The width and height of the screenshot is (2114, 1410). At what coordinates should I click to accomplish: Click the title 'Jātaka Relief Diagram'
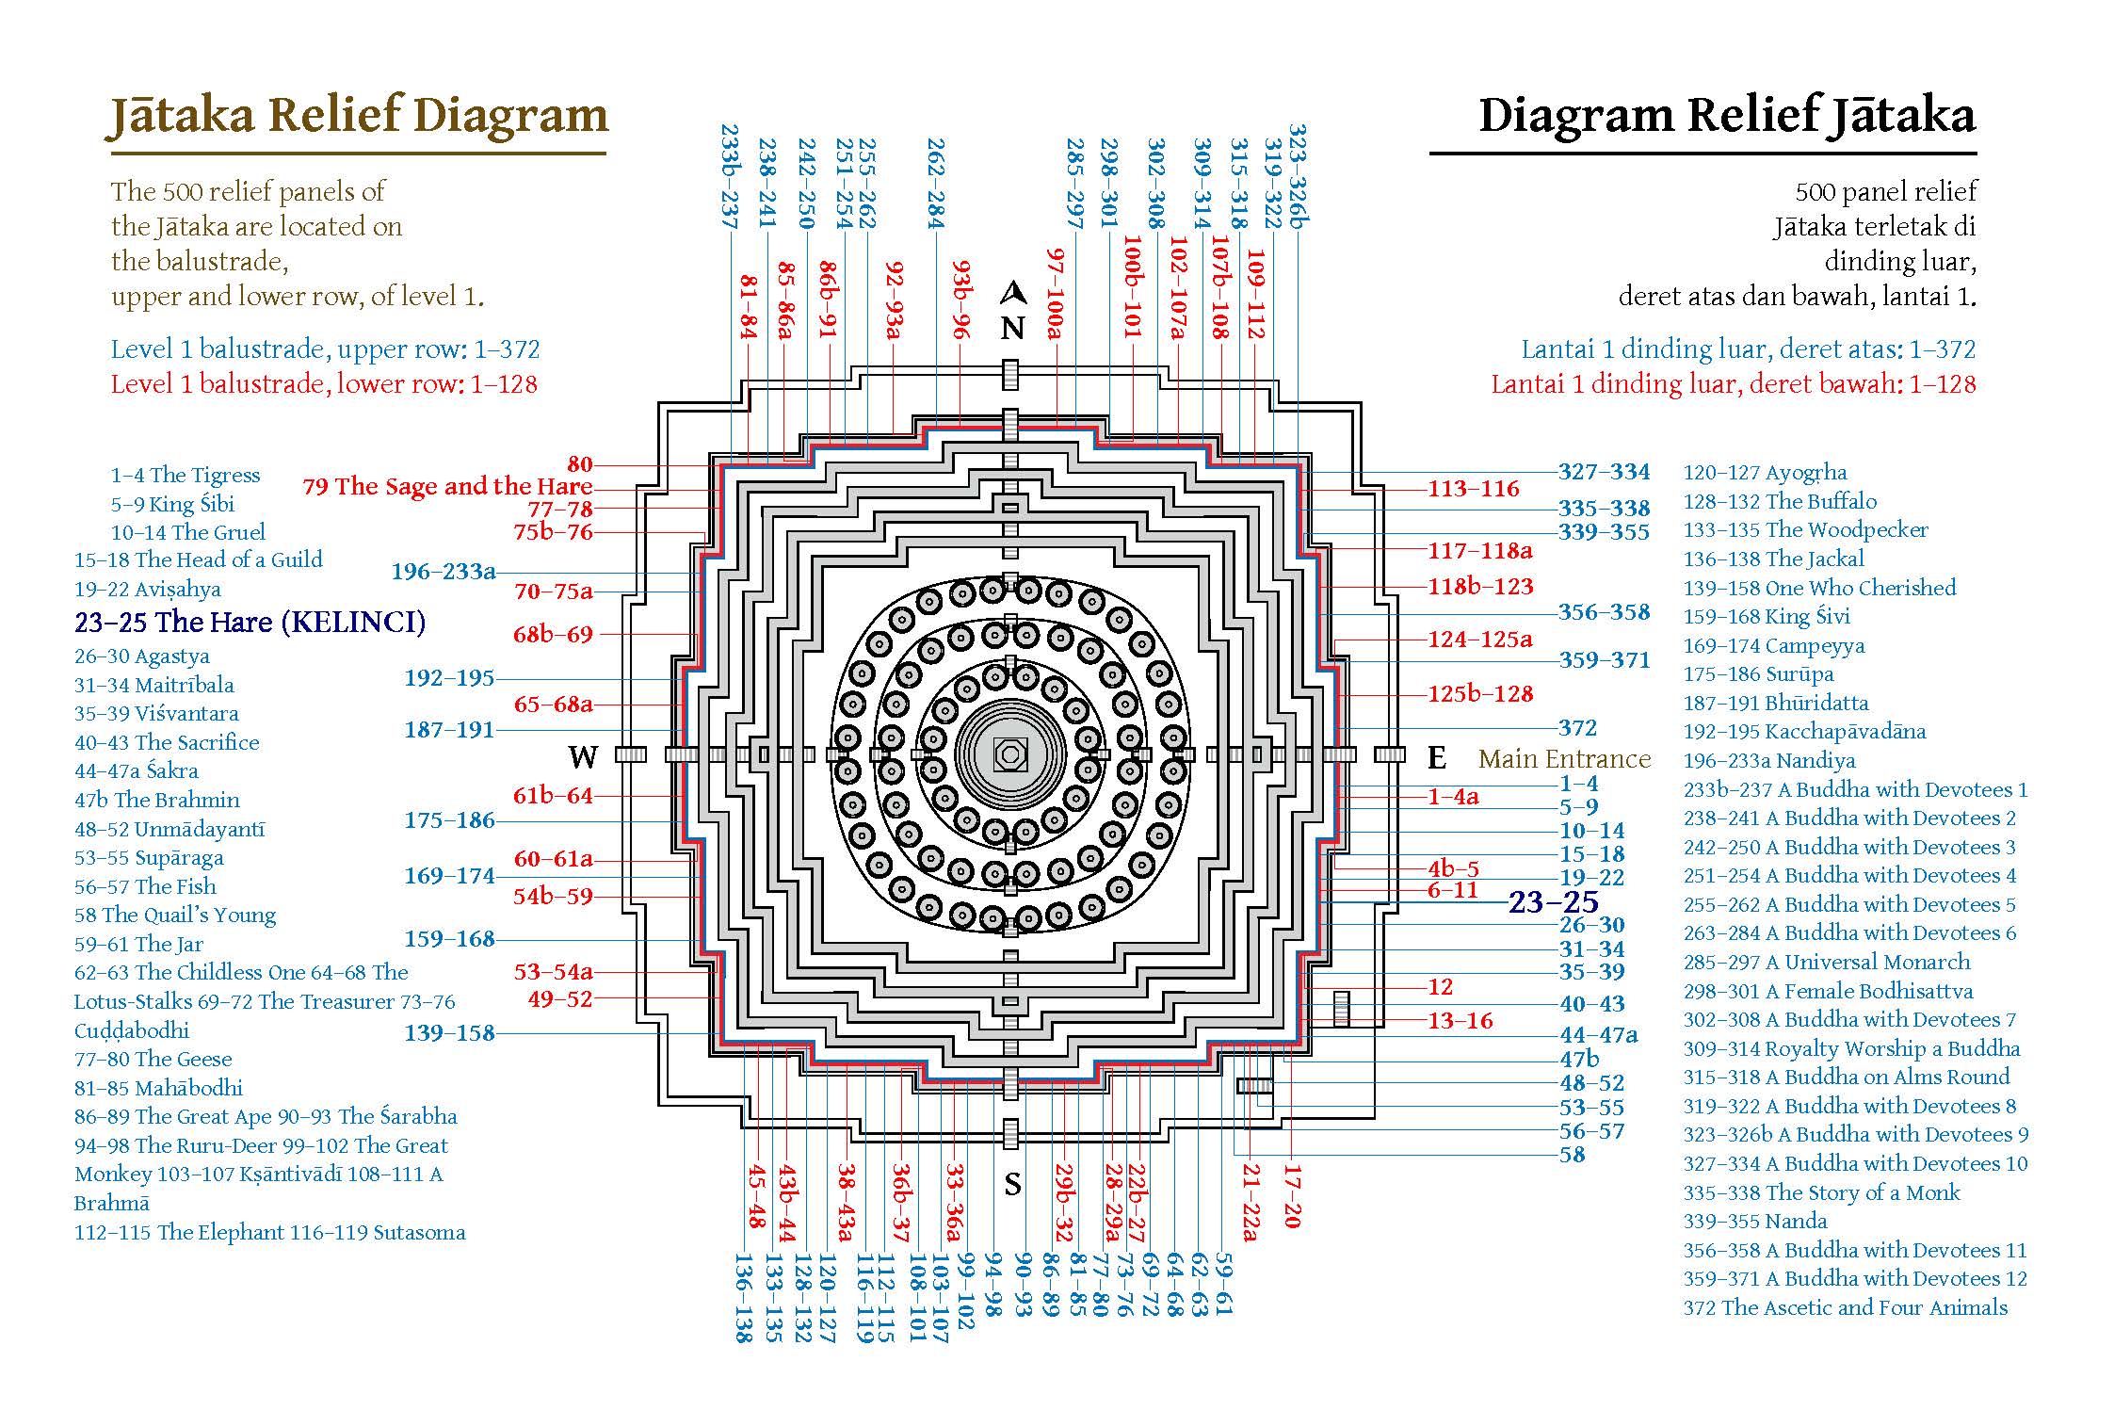(357, 116)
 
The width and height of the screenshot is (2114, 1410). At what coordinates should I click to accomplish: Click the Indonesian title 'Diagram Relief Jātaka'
(1727, 116)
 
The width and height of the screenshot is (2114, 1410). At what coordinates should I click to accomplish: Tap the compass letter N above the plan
(1012, 328)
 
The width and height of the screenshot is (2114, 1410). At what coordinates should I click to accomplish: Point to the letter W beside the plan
(583, 756)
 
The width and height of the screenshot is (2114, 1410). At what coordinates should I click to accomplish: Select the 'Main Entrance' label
(1564, 758)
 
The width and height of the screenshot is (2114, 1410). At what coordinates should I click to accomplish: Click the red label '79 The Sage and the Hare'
(447, 486)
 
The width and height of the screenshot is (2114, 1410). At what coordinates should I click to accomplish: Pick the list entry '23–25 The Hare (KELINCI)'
(250, 622)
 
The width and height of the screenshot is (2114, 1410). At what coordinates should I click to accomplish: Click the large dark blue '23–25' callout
(1554, 902)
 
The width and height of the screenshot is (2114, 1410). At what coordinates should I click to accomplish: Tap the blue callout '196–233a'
(444, 572)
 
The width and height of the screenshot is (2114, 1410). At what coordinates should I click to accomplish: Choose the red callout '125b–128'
(1480, 694)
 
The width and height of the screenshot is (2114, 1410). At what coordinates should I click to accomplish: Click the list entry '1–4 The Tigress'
(186, 475)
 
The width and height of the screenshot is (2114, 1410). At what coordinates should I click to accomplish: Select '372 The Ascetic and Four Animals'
(1846, 1307)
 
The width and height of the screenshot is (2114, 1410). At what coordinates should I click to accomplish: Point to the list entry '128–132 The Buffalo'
(1780, 501)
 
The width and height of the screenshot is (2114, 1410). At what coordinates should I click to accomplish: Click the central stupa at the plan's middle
(1010, 754)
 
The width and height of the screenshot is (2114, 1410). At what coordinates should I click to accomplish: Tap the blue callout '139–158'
(449, 1032)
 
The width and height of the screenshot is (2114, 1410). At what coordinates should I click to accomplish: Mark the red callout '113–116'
(1474, 489)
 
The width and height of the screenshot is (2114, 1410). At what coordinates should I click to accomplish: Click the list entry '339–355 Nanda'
(1755, 1221)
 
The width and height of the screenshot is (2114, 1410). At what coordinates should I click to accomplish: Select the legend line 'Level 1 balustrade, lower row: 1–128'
(324, 384)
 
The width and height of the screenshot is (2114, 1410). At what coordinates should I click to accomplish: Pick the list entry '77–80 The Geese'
(153, 1059)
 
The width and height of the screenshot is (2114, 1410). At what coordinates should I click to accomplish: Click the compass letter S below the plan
(1012, 1184)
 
